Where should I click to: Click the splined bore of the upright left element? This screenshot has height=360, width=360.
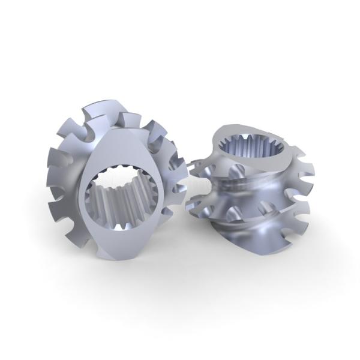coord(123,198)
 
